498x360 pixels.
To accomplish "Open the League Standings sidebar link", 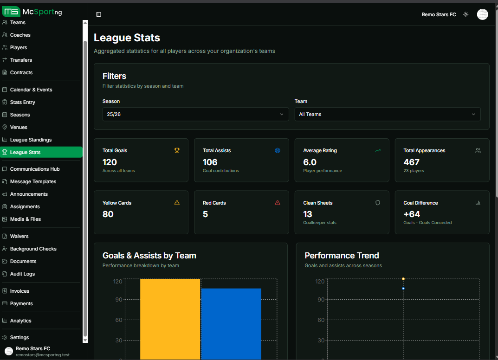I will pos(31,140).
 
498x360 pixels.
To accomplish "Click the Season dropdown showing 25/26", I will pos(195,114).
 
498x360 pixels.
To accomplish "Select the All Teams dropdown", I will pos(387,114).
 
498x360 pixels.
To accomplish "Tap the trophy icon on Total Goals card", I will pos(177,150).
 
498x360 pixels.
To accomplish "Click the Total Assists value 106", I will pos(210,162).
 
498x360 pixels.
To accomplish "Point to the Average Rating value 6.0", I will pos(310,162).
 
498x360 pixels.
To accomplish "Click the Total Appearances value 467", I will pos(411,162).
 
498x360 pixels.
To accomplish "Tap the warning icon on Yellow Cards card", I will pos(177,203).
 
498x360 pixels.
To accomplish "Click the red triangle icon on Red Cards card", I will pos(278,203).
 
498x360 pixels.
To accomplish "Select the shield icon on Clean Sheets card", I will pos(378,203).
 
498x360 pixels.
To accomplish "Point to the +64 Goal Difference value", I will pos(412,214).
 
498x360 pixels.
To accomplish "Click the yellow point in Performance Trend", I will pos(403,279).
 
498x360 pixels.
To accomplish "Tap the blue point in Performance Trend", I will pos(403,289).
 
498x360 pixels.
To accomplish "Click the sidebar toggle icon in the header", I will pos(98,14).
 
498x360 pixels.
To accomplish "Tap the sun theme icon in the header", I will pos(466,14).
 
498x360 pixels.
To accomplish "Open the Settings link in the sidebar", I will pos(19,337).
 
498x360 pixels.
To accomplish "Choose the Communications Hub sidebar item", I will pos(35,169).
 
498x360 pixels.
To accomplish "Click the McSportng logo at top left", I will pos(32,12).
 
